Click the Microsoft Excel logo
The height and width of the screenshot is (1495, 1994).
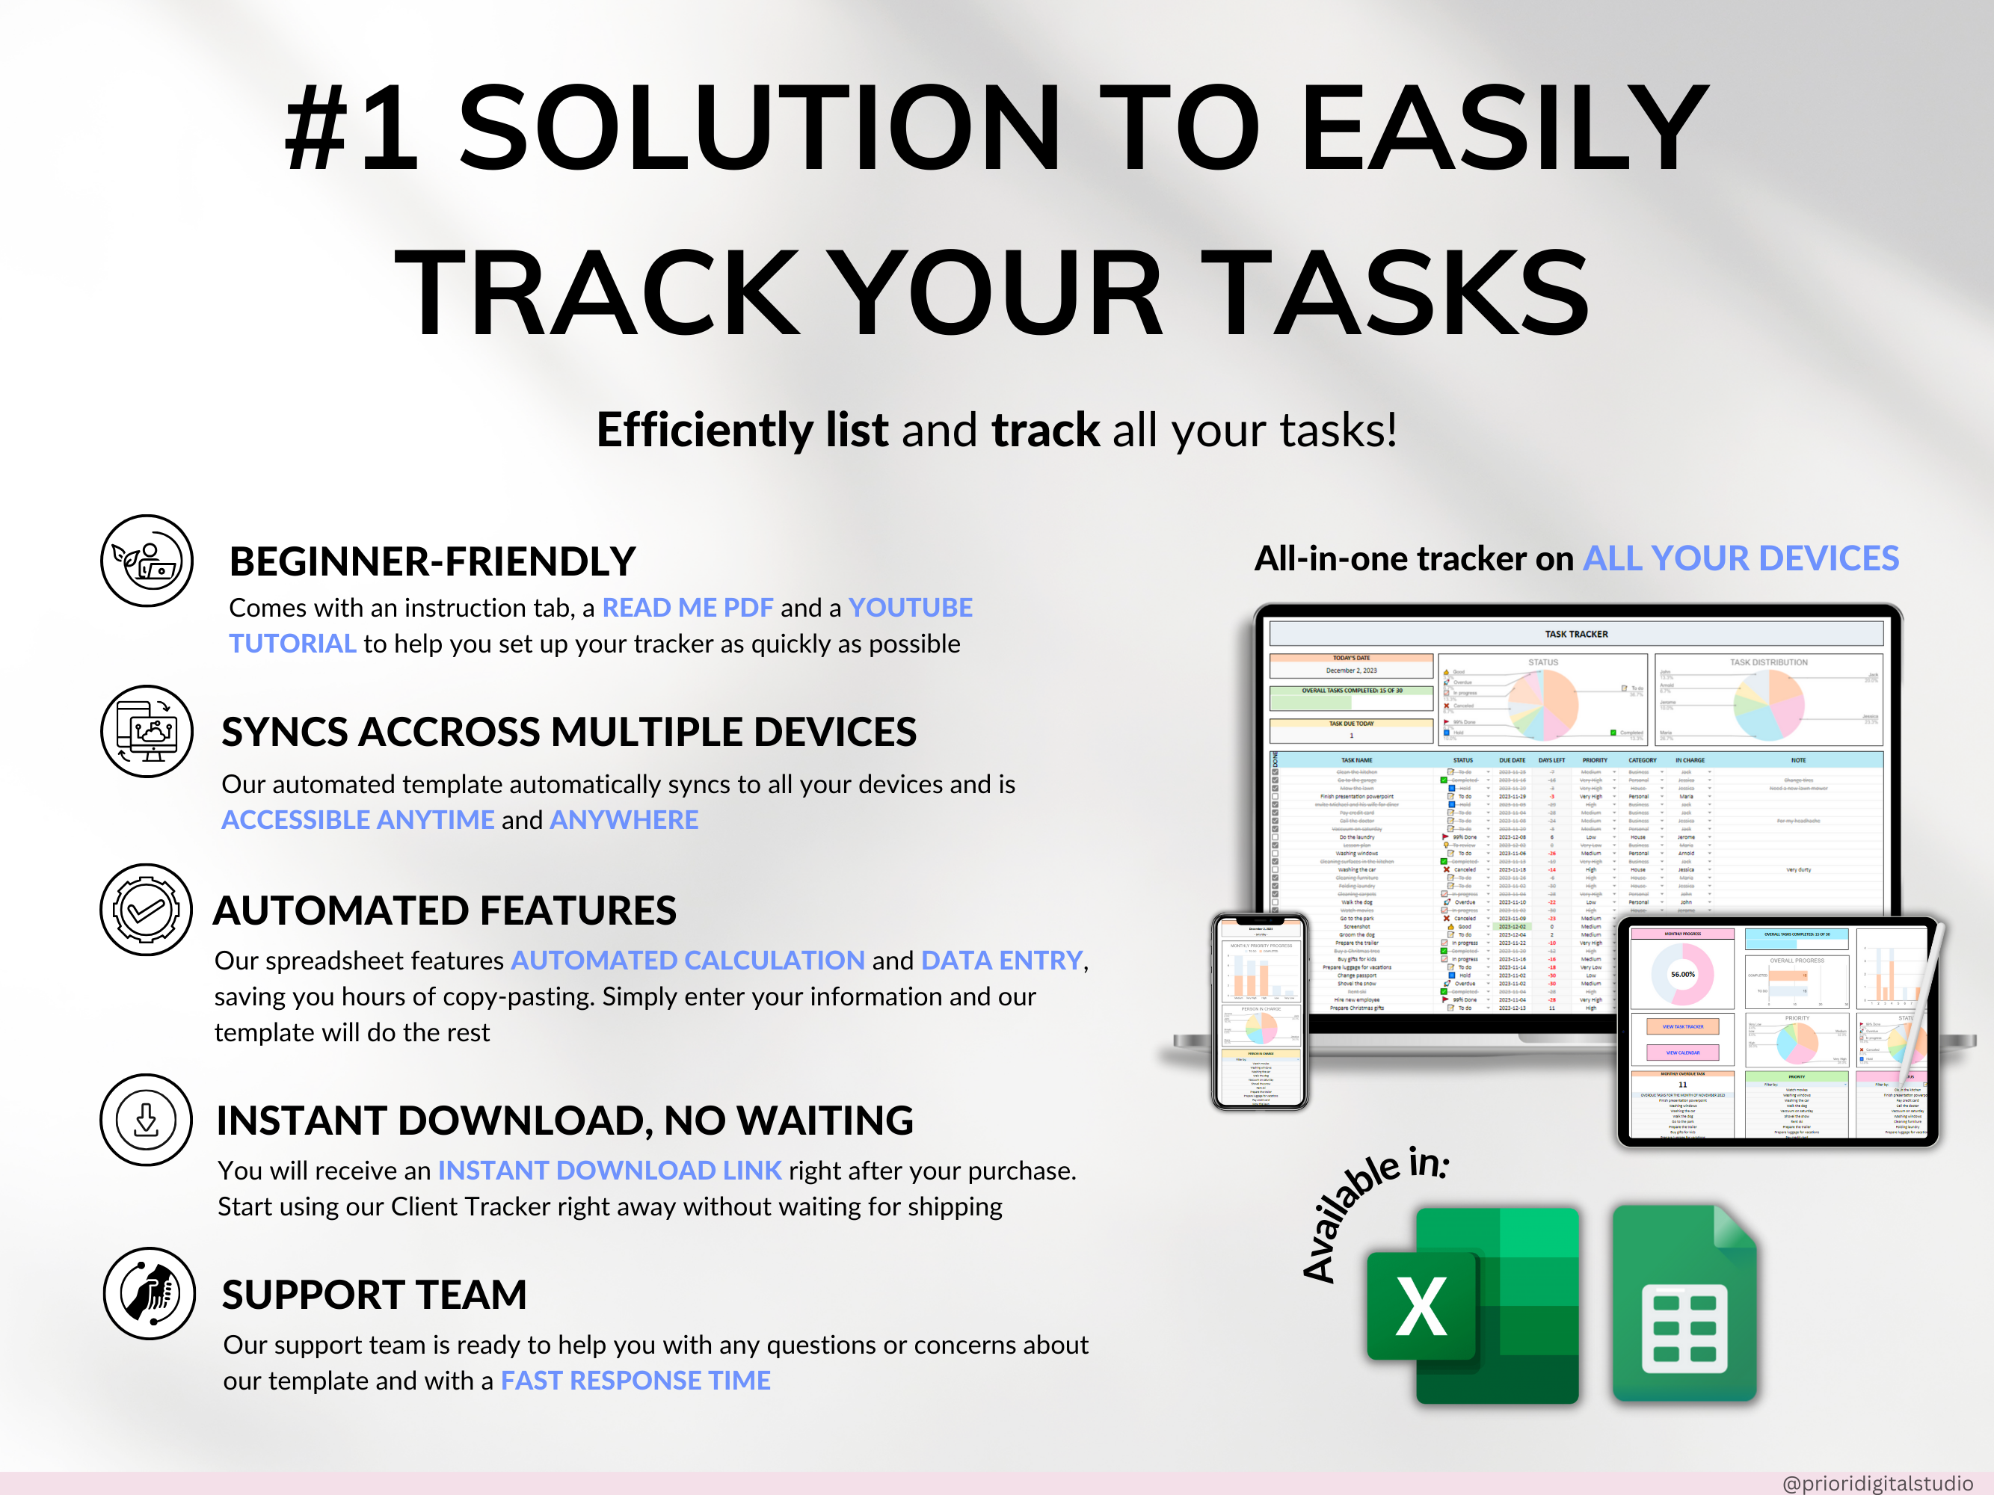tap(1474, 1305)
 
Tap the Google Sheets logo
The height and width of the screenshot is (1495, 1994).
tap(1684, 1305)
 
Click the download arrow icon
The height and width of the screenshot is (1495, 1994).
tap(146, 1120)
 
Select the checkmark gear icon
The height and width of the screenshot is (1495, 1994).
tap(146, 910)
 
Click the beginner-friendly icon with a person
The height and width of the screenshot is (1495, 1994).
tap(146, 561)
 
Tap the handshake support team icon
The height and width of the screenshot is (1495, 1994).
tap(149, 1293)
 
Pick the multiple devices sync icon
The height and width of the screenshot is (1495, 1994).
tap(146, 731)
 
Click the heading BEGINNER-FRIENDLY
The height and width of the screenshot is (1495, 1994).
tap(433, 561)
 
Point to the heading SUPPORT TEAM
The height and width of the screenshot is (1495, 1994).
tap(374, 1295)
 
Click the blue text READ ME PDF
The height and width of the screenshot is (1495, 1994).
tap(687, 608)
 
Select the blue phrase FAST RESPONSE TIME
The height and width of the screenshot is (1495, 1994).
tap(636, 1381)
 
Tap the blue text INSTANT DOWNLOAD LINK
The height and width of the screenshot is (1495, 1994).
tap(609, 1171)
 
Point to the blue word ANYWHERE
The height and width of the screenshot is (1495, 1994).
tap(624, 820)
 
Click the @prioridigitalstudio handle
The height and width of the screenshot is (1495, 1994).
tap(1877, 1483)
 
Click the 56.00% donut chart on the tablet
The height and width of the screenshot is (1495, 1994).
tap(1682, 974)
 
